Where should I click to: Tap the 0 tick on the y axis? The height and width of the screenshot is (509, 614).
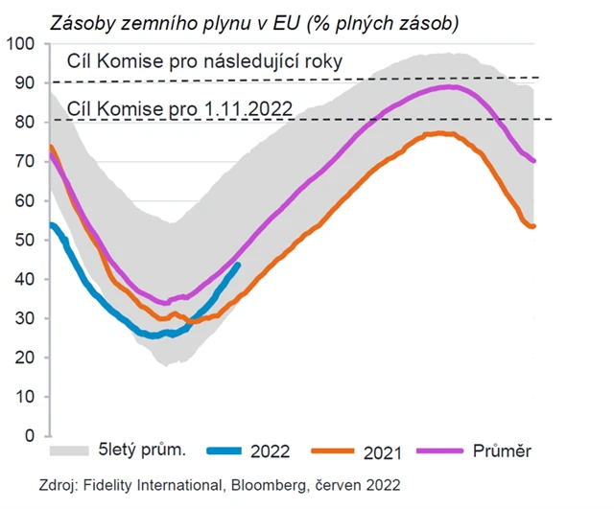pos(28,435)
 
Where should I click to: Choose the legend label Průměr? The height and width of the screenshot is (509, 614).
pos(502,450)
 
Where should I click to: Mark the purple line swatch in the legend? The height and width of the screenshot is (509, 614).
pos(448,450)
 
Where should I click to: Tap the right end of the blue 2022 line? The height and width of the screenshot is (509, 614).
pos(238,265)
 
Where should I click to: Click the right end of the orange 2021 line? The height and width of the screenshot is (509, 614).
pos(534,226)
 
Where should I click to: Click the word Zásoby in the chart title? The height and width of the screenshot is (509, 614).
pos(93,20)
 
